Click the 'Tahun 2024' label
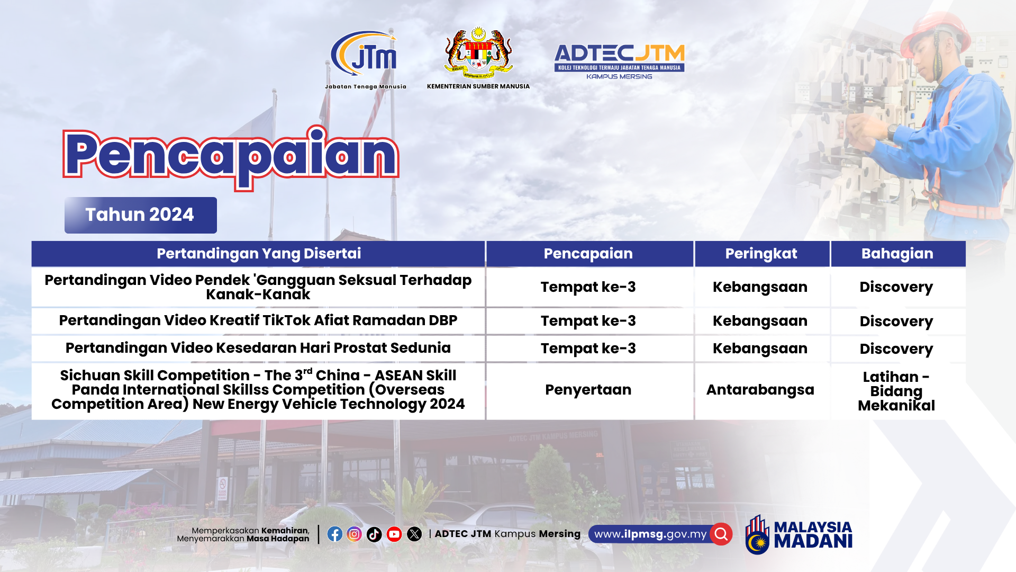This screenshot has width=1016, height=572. [x=140, y=215]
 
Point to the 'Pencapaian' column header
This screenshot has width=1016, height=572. [x=588, y=254]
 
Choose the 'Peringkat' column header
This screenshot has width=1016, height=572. [x=761, y=254]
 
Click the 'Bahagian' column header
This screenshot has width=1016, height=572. [x=897, y=254]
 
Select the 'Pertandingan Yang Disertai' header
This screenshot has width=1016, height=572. [x=259, y=254]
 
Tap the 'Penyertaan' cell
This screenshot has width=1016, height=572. [x=588, y=390]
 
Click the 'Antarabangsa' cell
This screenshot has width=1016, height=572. [x=760, y=390]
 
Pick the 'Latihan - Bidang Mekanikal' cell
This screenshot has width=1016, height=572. [x=896, y=391]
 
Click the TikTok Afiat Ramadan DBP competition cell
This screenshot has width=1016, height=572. [x=258, y=320]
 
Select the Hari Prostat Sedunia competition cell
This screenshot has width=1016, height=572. [x=258, y=348]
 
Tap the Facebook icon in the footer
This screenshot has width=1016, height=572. [x=334, y=534]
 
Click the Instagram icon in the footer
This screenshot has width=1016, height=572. [x=355, y=534]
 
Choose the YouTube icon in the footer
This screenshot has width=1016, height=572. [x=394, y=534]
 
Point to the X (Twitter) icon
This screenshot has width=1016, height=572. [x=414, y=534]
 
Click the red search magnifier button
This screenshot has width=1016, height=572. [x=721, y=534]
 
